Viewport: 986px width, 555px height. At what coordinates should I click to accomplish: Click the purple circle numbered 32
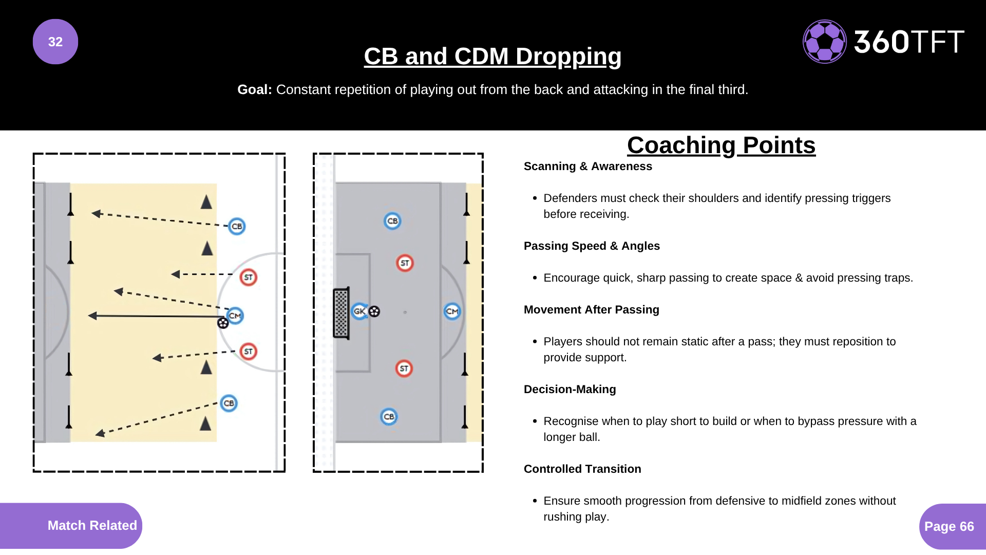(55, 42)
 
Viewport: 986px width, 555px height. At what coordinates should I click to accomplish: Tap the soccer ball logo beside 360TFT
(824, 42)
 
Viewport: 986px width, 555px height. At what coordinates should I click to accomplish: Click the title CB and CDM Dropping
(492, 57)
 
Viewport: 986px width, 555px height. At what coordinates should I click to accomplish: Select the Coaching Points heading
(721, 145)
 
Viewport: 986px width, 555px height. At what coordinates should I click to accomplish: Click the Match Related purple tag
(92, 525)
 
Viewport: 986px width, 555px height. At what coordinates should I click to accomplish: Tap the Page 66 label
(949, 526)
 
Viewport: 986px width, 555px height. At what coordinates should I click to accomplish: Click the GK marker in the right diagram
(359, 311)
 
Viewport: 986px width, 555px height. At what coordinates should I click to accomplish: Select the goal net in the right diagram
(341, 313)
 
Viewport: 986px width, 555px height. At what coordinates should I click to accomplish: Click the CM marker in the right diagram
(452, 311)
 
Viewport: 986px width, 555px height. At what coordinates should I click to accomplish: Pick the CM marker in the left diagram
(235, 316)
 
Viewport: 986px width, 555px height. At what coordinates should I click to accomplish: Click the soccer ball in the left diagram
(223, 323)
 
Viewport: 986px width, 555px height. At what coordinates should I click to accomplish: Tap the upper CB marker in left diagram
(237, 226)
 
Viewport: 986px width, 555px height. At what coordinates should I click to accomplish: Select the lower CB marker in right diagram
(389, 416)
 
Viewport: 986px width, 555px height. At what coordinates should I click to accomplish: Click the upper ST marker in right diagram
(405, 263)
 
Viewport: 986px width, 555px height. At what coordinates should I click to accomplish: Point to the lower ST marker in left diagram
(249, 351)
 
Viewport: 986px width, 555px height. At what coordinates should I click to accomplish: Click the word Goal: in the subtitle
(255, 89)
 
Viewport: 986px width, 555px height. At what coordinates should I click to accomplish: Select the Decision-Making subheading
(570, 389)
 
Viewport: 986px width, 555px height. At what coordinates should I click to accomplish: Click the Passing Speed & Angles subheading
(592, 246)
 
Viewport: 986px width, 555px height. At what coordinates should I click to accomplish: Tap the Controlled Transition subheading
(582, 469)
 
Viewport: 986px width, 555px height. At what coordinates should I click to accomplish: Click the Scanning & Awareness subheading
(587, 166)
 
